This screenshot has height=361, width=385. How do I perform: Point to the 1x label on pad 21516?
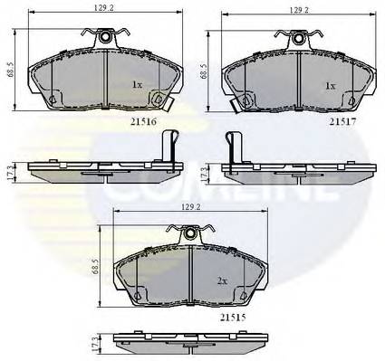[x=138, y=85]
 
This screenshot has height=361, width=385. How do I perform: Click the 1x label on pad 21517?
[x=331, y=85]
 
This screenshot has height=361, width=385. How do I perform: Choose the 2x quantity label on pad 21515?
[x=223, y=281]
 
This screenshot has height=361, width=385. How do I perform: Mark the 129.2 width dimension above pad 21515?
[x=192, y=208]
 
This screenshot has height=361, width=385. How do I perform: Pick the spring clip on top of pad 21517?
[x=297, y=38]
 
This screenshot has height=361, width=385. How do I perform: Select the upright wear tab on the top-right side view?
[x=230, y=147]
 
